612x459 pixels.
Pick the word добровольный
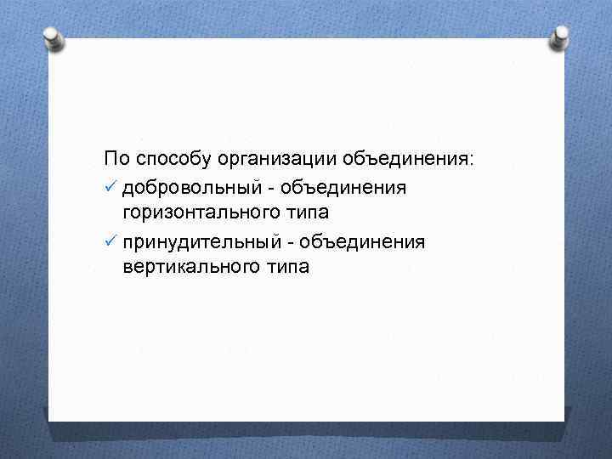pyautogui.click(x=190, y=188)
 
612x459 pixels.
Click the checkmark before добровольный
pyautogui.click(x=110, y=187)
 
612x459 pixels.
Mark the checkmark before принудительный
pyautogui.click(x=110, y=242)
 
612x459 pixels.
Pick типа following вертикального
pyautogui.click(x=289, y=268)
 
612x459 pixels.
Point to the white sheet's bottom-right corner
pyautogui.click(x=564, y=420)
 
